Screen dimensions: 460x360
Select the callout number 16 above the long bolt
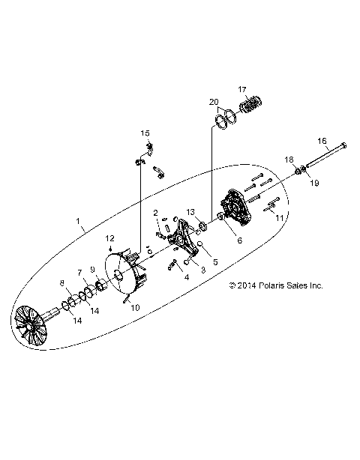tap(322, 141)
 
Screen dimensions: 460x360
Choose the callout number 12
tap(109, 238)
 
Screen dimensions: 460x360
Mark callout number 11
tap(279, 217)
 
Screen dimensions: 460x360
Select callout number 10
tap(136, 307)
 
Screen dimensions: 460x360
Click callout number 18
tap(288, 160)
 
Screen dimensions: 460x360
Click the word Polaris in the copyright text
tap(262, 285)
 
